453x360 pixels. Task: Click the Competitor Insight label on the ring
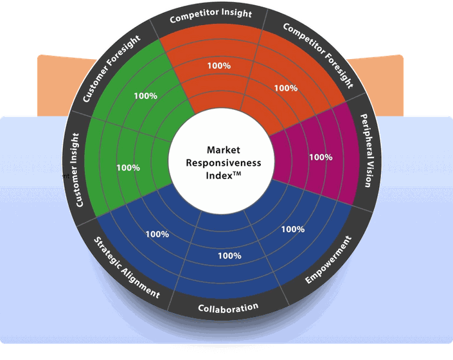pos(211,15)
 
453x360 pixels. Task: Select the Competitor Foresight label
pos(318,55)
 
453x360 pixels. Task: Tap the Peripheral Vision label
pos(368,150)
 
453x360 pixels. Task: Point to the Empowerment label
pos(329,260)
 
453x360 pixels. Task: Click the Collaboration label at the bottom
pos(228,309)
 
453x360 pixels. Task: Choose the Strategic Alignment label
pos(127,267)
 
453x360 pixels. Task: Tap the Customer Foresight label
pos(111,69)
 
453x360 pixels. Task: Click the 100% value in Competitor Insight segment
pos(219,66)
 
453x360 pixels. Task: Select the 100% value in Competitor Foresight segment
pos(286,88)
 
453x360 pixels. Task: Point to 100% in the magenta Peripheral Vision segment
pos(321,157)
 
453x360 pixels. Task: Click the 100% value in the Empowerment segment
pos(293,229)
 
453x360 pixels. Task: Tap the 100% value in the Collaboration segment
pos(229,256)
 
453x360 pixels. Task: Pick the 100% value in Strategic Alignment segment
pos(157,234)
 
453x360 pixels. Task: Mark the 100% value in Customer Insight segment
pos(129,168)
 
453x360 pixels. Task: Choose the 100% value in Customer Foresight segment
pos(146,96)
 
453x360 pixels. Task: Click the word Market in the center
pos(224,150)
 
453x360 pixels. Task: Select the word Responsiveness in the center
pos(224,163)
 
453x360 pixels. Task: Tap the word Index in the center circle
pos(219,175)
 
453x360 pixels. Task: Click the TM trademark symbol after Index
pos(237,174)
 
